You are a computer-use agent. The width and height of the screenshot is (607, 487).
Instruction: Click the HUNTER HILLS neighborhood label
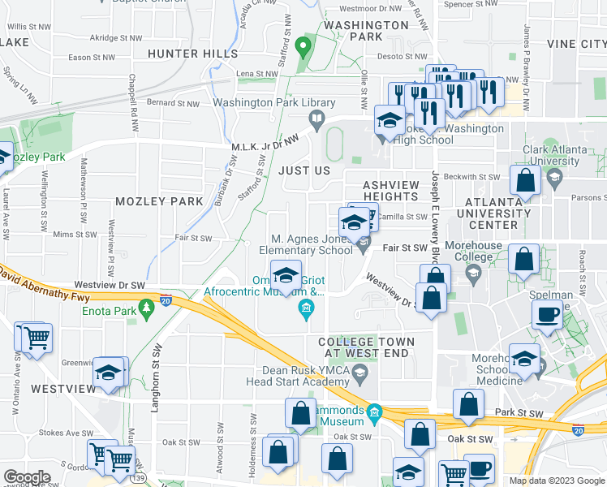[193, 54]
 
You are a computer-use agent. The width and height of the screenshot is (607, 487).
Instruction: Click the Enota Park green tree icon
[146, 308]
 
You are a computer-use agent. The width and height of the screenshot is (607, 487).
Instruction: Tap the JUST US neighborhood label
[304, 171]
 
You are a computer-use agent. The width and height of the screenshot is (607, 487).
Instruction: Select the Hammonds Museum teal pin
[374, 413]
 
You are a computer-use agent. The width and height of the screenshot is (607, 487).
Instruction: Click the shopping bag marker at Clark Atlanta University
[526, 182]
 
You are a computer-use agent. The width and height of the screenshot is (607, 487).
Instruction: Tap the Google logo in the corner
[28, 476]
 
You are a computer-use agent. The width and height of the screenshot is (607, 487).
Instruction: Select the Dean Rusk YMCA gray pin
[362, 372]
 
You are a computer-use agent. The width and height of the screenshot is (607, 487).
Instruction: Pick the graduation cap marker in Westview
[107, 373]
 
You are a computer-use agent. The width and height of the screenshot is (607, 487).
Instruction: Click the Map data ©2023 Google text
[556, 481]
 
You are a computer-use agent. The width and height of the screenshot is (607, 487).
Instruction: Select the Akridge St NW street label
[115, 37]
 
